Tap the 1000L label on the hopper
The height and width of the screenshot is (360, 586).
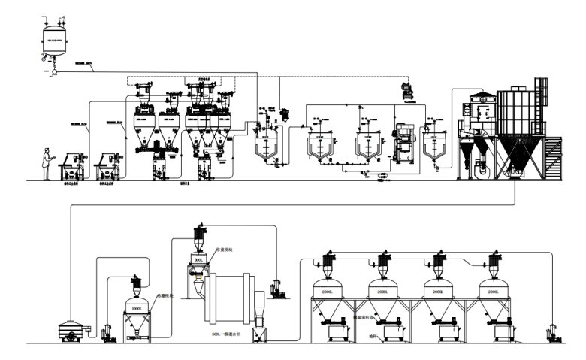click(x=137, y=309)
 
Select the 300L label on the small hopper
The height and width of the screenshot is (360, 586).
click(x=199, y=259)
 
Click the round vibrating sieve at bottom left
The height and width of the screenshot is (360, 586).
click(x=73, y=329)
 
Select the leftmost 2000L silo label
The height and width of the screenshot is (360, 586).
click(x=328, y=291)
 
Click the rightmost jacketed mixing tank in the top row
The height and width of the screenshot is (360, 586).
click(x=434, y=141)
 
